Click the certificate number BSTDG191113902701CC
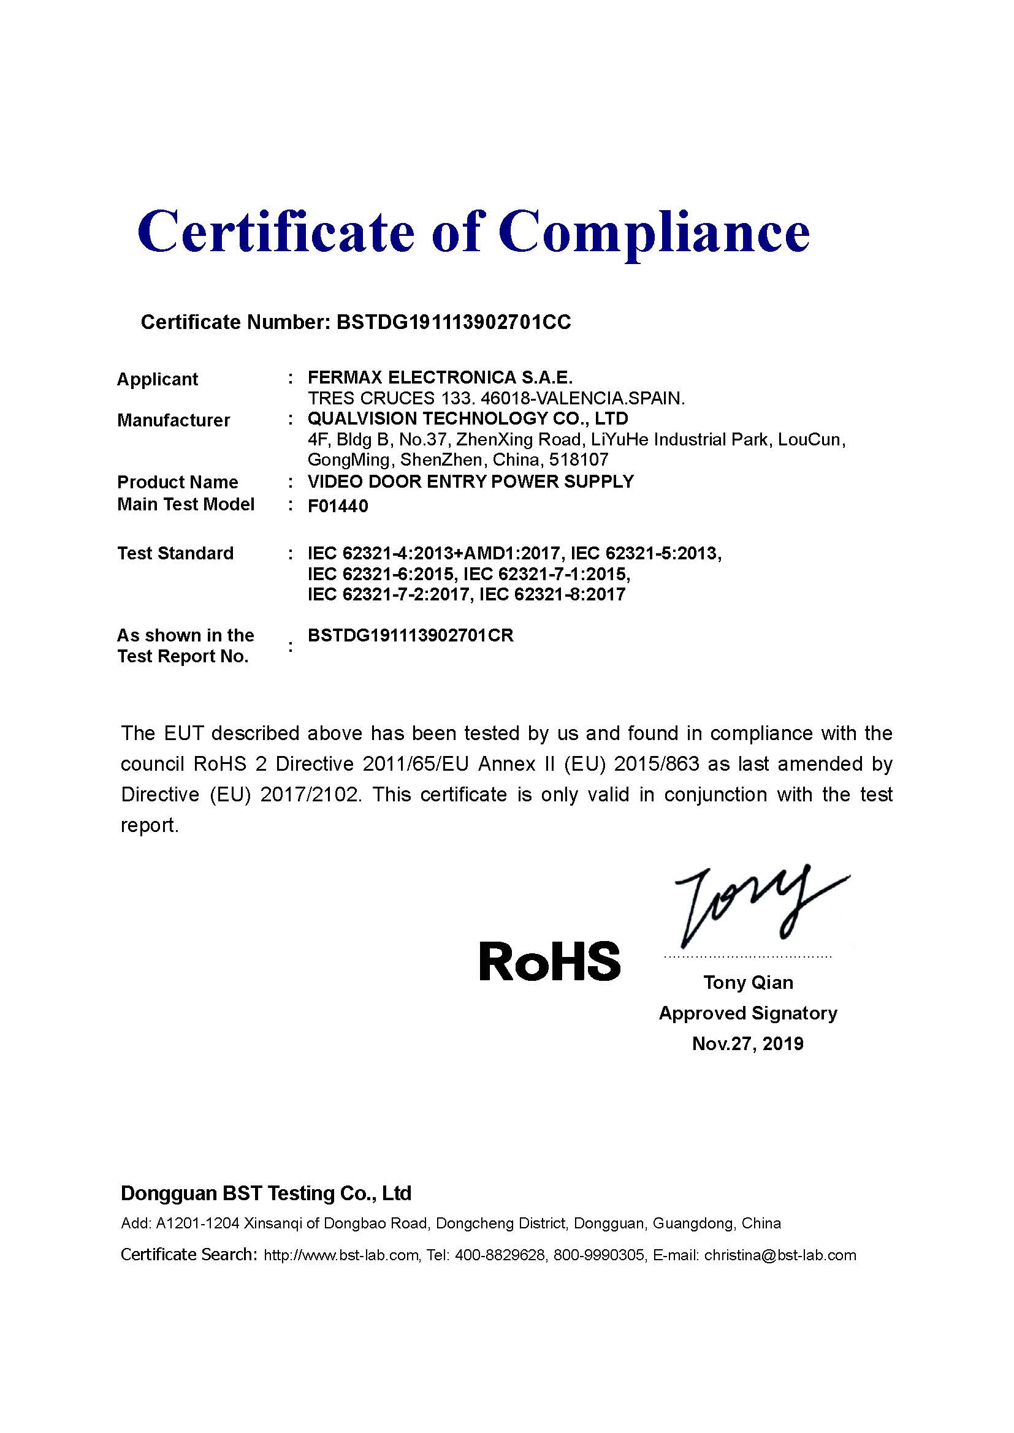pos(453,322)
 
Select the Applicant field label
pos(158,379)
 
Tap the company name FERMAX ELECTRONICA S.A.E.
pos(440,377)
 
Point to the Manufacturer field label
pos(173,420)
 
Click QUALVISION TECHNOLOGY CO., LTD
pos(468,418)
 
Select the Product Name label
pos(178,482)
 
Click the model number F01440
pos(338,505)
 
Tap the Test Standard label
pos(175,553)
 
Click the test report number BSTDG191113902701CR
pos(411,635)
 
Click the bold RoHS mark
pos(549,961)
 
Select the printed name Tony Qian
pos(748,982)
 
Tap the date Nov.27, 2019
pos(748,1043)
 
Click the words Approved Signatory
pos(748,1013)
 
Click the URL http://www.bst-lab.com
pos(341,1255)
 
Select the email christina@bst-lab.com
pos(780,1255)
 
